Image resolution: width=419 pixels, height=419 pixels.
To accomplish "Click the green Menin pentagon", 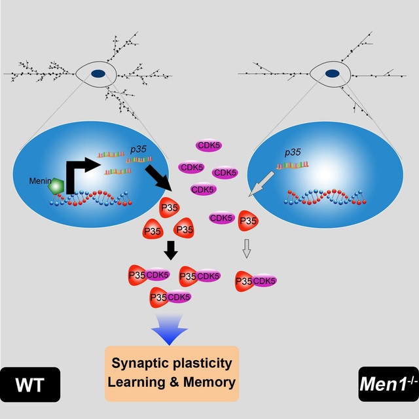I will pyautogui.click(x=56, y=187).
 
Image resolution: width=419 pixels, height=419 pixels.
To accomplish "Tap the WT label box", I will pyautogui.click(x=30, y=384).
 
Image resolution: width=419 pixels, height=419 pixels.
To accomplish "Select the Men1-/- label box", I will pyautogui.click(x=388, y=384).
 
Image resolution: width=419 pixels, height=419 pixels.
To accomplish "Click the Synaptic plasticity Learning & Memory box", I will pyautogui.click(x=172, y=373).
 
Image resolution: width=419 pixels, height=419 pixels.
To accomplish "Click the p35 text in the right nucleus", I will pyautogui.click(x=292, y=152).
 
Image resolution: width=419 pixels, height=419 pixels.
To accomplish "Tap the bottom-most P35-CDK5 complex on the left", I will pyautogui.click(x=170, y=297).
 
